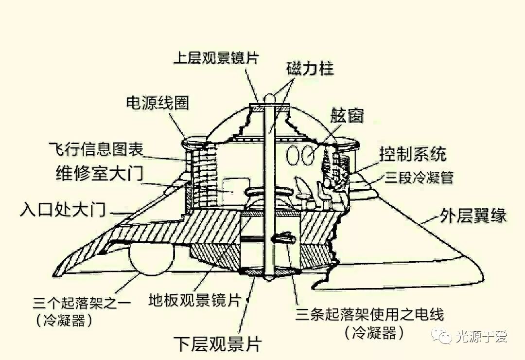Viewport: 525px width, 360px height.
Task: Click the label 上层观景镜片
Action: point(216,57)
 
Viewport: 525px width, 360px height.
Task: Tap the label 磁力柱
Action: point(310,69)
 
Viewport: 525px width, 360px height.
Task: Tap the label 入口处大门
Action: point(63,210)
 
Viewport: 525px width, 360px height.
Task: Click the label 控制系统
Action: point(413,155)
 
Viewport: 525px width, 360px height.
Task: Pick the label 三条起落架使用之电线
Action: point(369,313)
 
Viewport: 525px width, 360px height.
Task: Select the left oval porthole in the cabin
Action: point(293,154)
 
